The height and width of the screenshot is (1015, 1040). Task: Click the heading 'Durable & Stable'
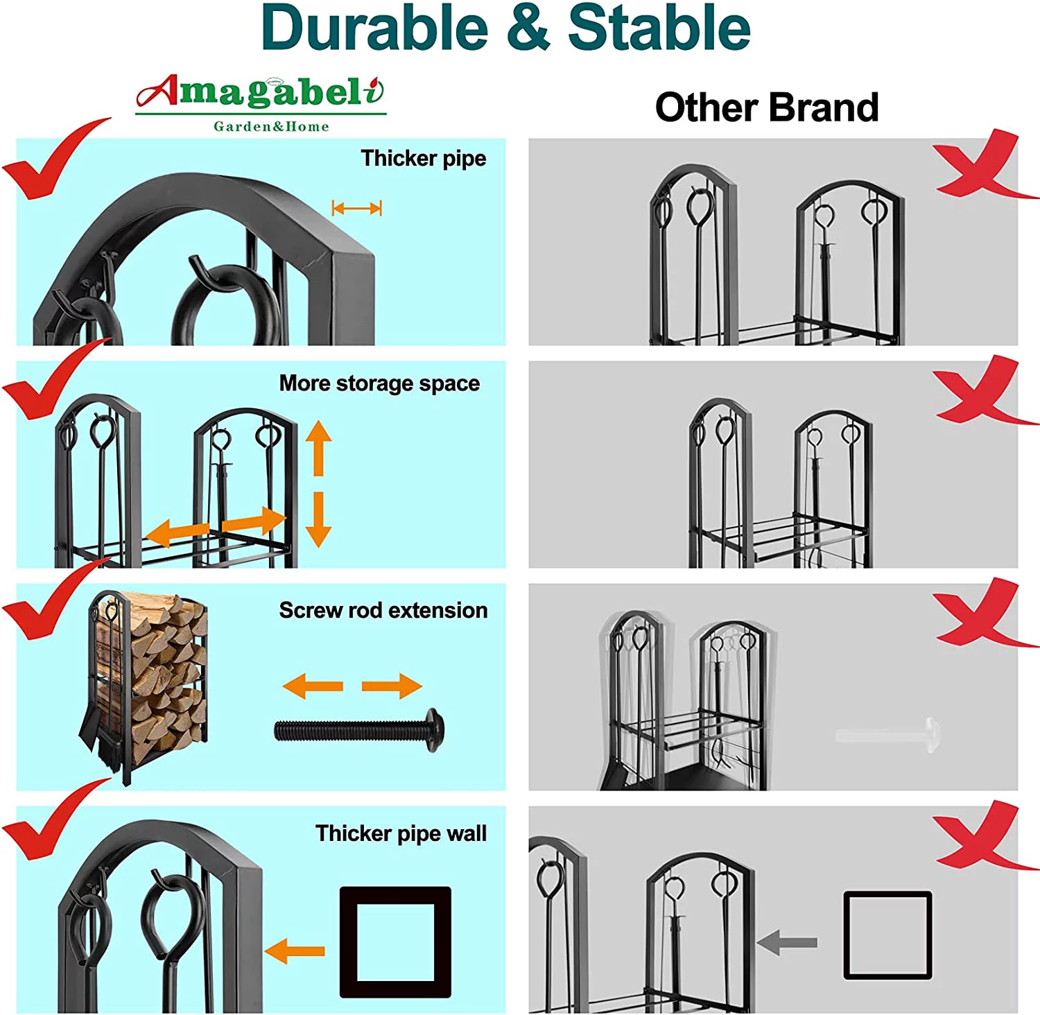tap(505, 28)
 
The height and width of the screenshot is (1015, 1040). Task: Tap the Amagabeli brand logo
tap(261, 103)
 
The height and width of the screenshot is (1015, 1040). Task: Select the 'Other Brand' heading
tap(767, 107)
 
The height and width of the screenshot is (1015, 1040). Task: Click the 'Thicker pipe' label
tap(423, 158)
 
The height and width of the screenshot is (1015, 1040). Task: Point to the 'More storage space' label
tap(379, 383)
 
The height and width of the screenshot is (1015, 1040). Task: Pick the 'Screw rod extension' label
tap(383, 610)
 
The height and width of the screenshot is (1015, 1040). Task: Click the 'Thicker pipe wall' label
tap(401, 833)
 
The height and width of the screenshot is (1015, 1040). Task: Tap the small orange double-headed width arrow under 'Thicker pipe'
tap(357, 208)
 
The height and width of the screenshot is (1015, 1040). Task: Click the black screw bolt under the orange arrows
tap(359, 730)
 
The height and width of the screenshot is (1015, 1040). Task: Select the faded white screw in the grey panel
tap(888, 734)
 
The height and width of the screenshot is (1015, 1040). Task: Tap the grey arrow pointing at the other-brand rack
tap(787, 942)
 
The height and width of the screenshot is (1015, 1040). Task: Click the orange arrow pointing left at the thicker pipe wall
tap(295, 951)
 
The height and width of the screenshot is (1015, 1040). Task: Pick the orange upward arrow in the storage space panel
tap(318, 448)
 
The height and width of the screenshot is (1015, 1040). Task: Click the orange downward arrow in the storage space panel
tap(318, 519)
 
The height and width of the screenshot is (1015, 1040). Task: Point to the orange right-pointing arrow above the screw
tap(392, 686)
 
